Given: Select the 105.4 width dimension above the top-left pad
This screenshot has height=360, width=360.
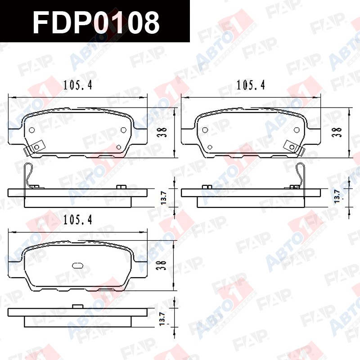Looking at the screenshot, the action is coord(77,85).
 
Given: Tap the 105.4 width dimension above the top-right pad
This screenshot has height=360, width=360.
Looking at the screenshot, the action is coord(251,85).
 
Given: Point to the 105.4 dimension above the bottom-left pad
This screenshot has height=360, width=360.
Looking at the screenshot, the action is coord(77,220).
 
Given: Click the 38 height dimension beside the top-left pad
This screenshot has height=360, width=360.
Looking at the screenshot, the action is coord(162,132).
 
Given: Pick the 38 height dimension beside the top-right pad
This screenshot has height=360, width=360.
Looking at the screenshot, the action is coord(337,132).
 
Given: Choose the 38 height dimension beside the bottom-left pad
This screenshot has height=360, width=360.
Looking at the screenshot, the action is coord(162,265).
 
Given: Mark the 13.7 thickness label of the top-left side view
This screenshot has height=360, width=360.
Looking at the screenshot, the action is coord(163,198).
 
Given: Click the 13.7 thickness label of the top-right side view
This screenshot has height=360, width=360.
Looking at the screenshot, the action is coord(337,196).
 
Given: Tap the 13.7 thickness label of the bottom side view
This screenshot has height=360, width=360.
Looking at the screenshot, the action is coord(162,319).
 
